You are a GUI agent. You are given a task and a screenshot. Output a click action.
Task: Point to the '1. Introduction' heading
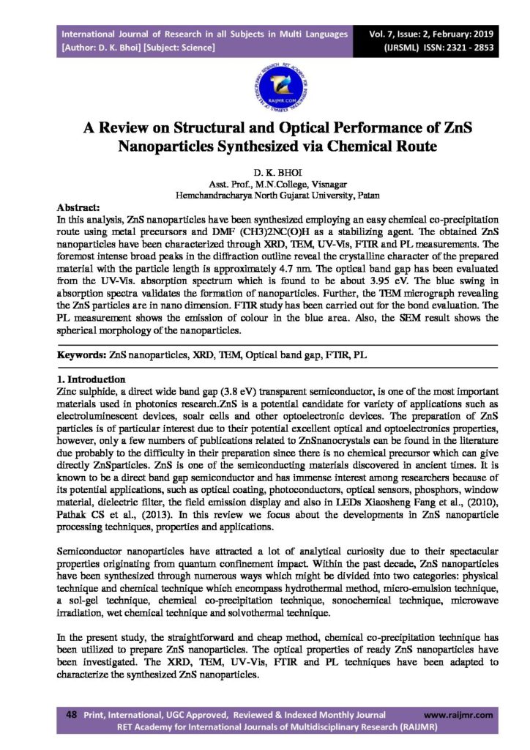pos(92,379)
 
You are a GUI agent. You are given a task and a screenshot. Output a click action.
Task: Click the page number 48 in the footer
pos(72,714)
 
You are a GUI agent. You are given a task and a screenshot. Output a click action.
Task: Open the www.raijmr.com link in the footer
pos(458,714)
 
